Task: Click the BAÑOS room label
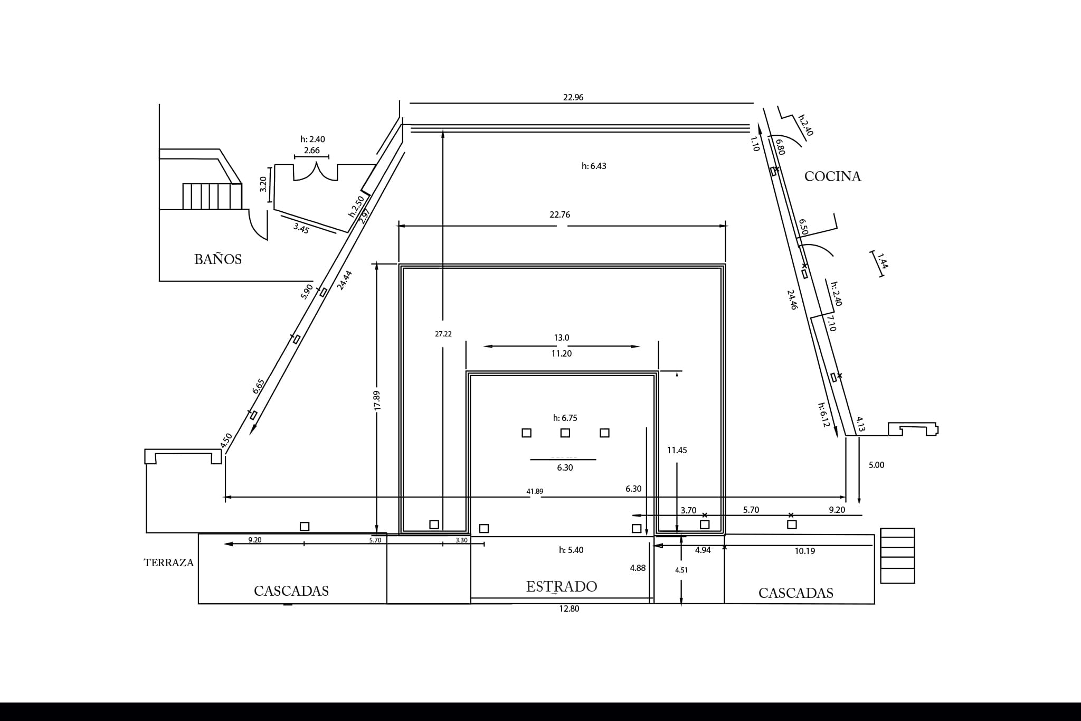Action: (x=218, y=259)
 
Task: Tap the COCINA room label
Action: (x=832, y=176)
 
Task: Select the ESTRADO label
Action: (x=562, y=586)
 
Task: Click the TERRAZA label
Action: (x=169, y=563)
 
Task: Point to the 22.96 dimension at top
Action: (x=573, y=97)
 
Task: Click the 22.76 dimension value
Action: (x=560, y=214)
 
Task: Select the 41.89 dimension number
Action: (x=535, y=491)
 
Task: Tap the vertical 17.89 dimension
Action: (x=377, y=400)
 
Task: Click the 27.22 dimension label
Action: (x=443, y=334)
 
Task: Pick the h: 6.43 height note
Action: (x=594, y=166)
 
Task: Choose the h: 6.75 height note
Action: (x=565, y=418)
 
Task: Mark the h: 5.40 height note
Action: (x=571, y=550)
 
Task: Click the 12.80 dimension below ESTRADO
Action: (x=569, y=608)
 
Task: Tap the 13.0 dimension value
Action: (x=562, y=338)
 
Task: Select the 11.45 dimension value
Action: (x=677, y=450)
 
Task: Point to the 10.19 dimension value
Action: (x=804, y=551)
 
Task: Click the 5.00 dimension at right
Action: (x=876, y=465)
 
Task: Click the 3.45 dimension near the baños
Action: (x=301, y=228)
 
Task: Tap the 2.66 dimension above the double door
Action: (x=311, y=151)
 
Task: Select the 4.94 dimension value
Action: (x=703, y=550)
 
